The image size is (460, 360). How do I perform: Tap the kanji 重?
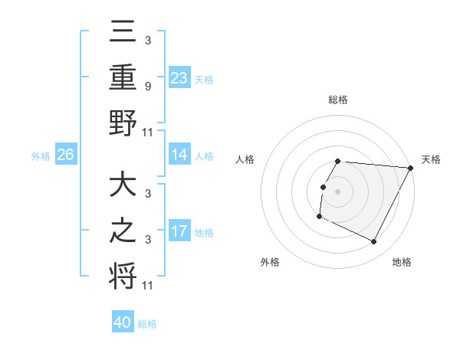pyautogui.click(x=123, y=78)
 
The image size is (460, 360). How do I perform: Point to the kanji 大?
pyautogui.click(x=123, y=186)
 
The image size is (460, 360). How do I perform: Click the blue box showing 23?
pyautogui.click(x=179, y=78)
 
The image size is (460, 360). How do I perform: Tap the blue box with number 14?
pyautogui.click(x=179, y=155)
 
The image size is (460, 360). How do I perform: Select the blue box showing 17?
pyautogui.click(x=179, y=231)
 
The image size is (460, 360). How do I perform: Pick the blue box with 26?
pyautogui.click(x=65, y=155)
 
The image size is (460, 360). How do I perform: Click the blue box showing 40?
pyautogui.click(x=123, y=322)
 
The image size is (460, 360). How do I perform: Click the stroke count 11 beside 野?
pyautogui.click(x=149, y=133)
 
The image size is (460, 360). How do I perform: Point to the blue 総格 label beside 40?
pyautogui.click(x=147, y=323)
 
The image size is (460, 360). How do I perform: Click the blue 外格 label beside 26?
pyautogui.click(x=41, y=155)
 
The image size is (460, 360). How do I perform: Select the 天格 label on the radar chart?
pyautogui.click(x=431, y=159)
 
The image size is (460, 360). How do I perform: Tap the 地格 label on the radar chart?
pyautogui.click(x=402, y=262)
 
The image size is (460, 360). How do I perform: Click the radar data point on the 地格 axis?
pyautogui.click(x=374, y=242)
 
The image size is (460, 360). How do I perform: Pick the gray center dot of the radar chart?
pyautogui.click(x=337, y=191)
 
